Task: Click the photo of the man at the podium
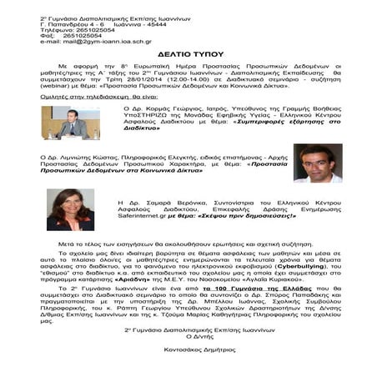[x=71, y=122]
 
